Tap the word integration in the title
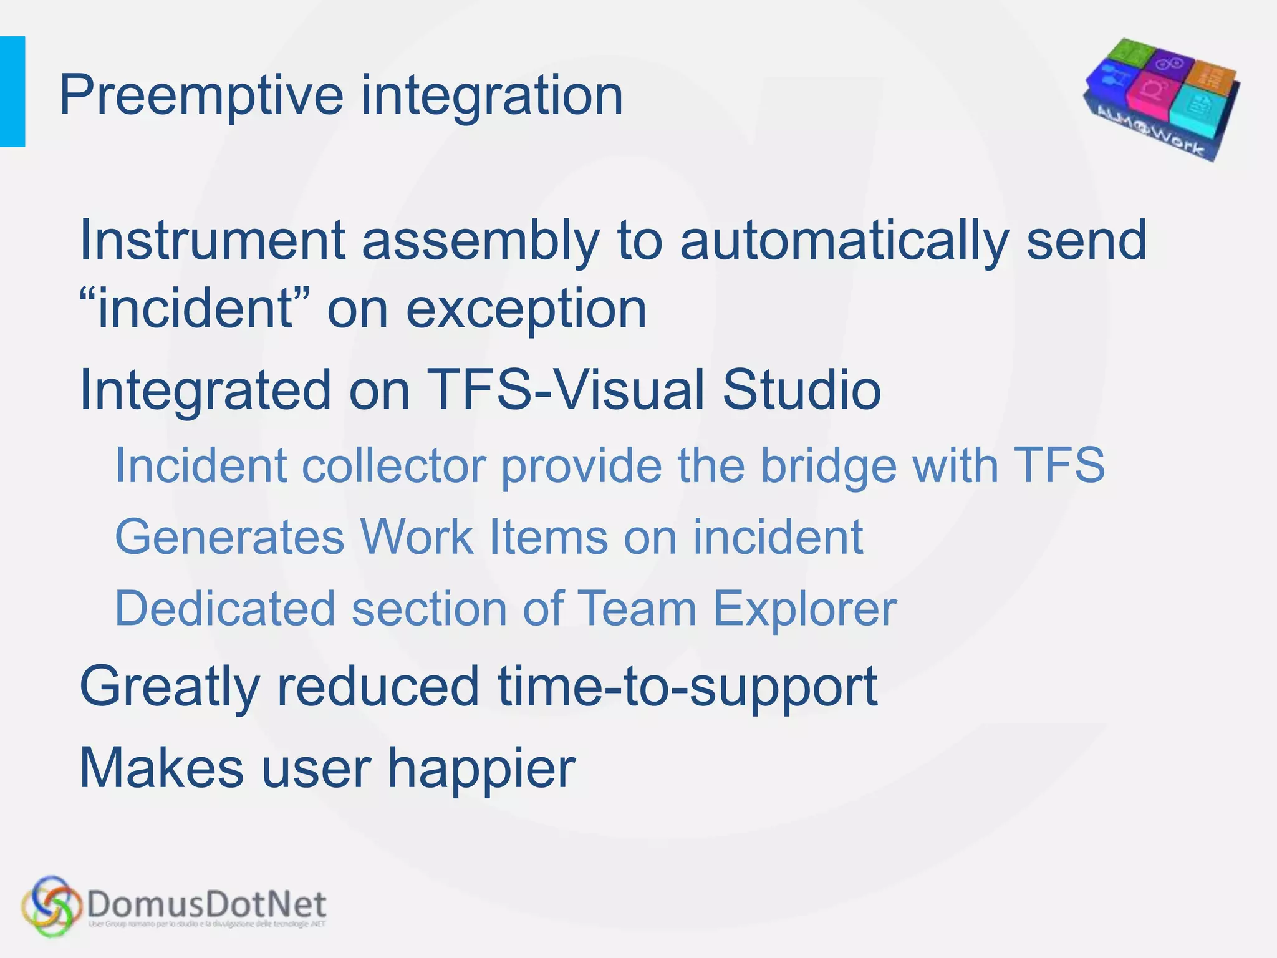click(492, 97)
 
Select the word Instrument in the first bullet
click(212, 240)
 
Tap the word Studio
click(801, 390)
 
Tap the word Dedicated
click(225, 609)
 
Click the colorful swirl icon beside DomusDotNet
click(52, 906)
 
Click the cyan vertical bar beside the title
click(12, 92)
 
